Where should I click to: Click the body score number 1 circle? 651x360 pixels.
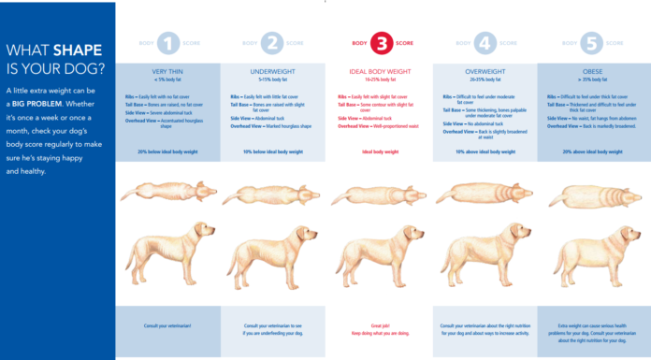(x=167, y=43)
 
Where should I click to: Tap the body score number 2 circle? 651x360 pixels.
(x=272, y=43)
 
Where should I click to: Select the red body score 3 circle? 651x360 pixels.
(x=382, y=43)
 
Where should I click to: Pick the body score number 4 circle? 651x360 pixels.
(x=486, y=43)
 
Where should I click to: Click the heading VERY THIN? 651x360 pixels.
(x=167, y=71)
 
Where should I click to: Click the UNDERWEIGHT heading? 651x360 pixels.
(x=272, y=71)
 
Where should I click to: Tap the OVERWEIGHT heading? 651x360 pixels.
(x=486, y=71)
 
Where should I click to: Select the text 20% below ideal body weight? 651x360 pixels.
(x=167, y=151)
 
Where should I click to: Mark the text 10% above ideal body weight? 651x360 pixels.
(x=486, y=151)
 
